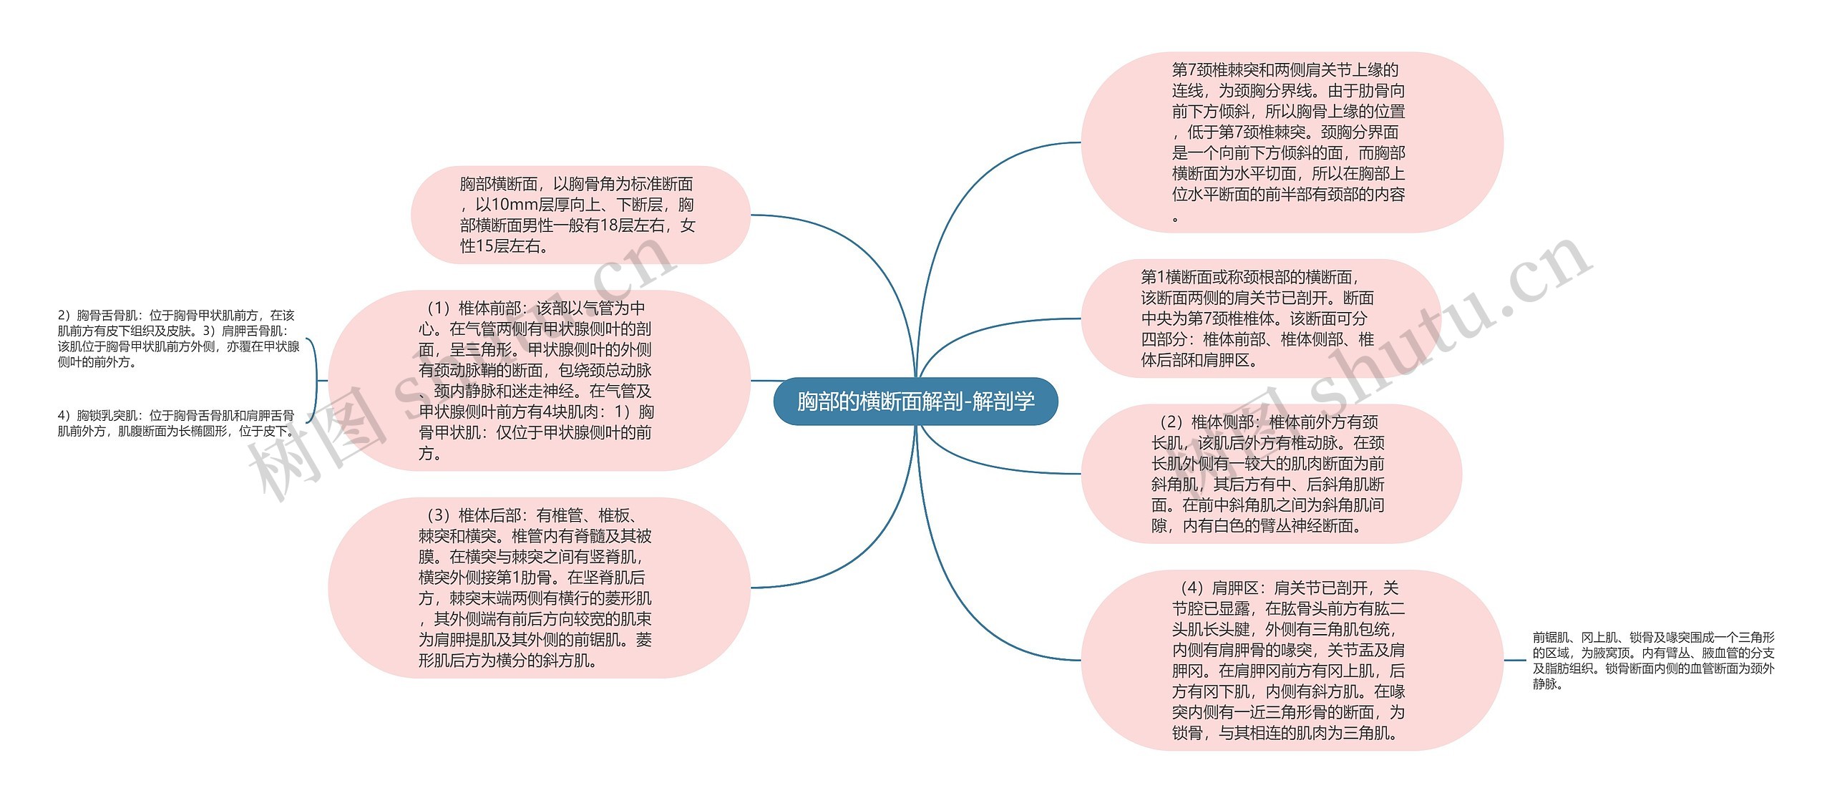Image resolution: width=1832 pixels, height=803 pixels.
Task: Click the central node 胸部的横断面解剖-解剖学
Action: [915, 401]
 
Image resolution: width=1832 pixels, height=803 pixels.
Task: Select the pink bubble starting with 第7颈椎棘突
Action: [1292, 142]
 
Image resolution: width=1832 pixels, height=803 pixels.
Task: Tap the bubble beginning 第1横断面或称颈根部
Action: [1259, 318]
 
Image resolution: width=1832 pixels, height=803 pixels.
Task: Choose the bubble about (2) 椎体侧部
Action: [1270, 474]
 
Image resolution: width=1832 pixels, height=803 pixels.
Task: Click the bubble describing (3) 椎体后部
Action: [538, 588]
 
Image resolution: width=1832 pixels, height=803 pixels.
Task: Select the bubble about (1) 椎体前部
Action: [538, 380]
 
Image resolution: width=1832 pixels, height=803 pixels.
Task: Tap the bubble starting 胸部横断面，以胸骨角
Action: [580, 215]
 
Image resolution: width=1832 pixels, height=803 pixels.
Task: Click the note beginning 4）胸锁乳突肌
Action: [176, 423]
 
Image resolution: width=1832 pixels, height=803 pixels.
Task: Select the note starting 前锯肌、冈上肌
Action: [1653, 660]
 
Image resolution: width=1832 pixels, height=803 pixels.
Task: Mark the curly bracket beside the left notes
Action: [314, 380]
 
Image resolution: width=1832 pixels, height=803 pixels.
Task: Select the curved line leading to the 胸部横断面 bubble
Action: [844, 236]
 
